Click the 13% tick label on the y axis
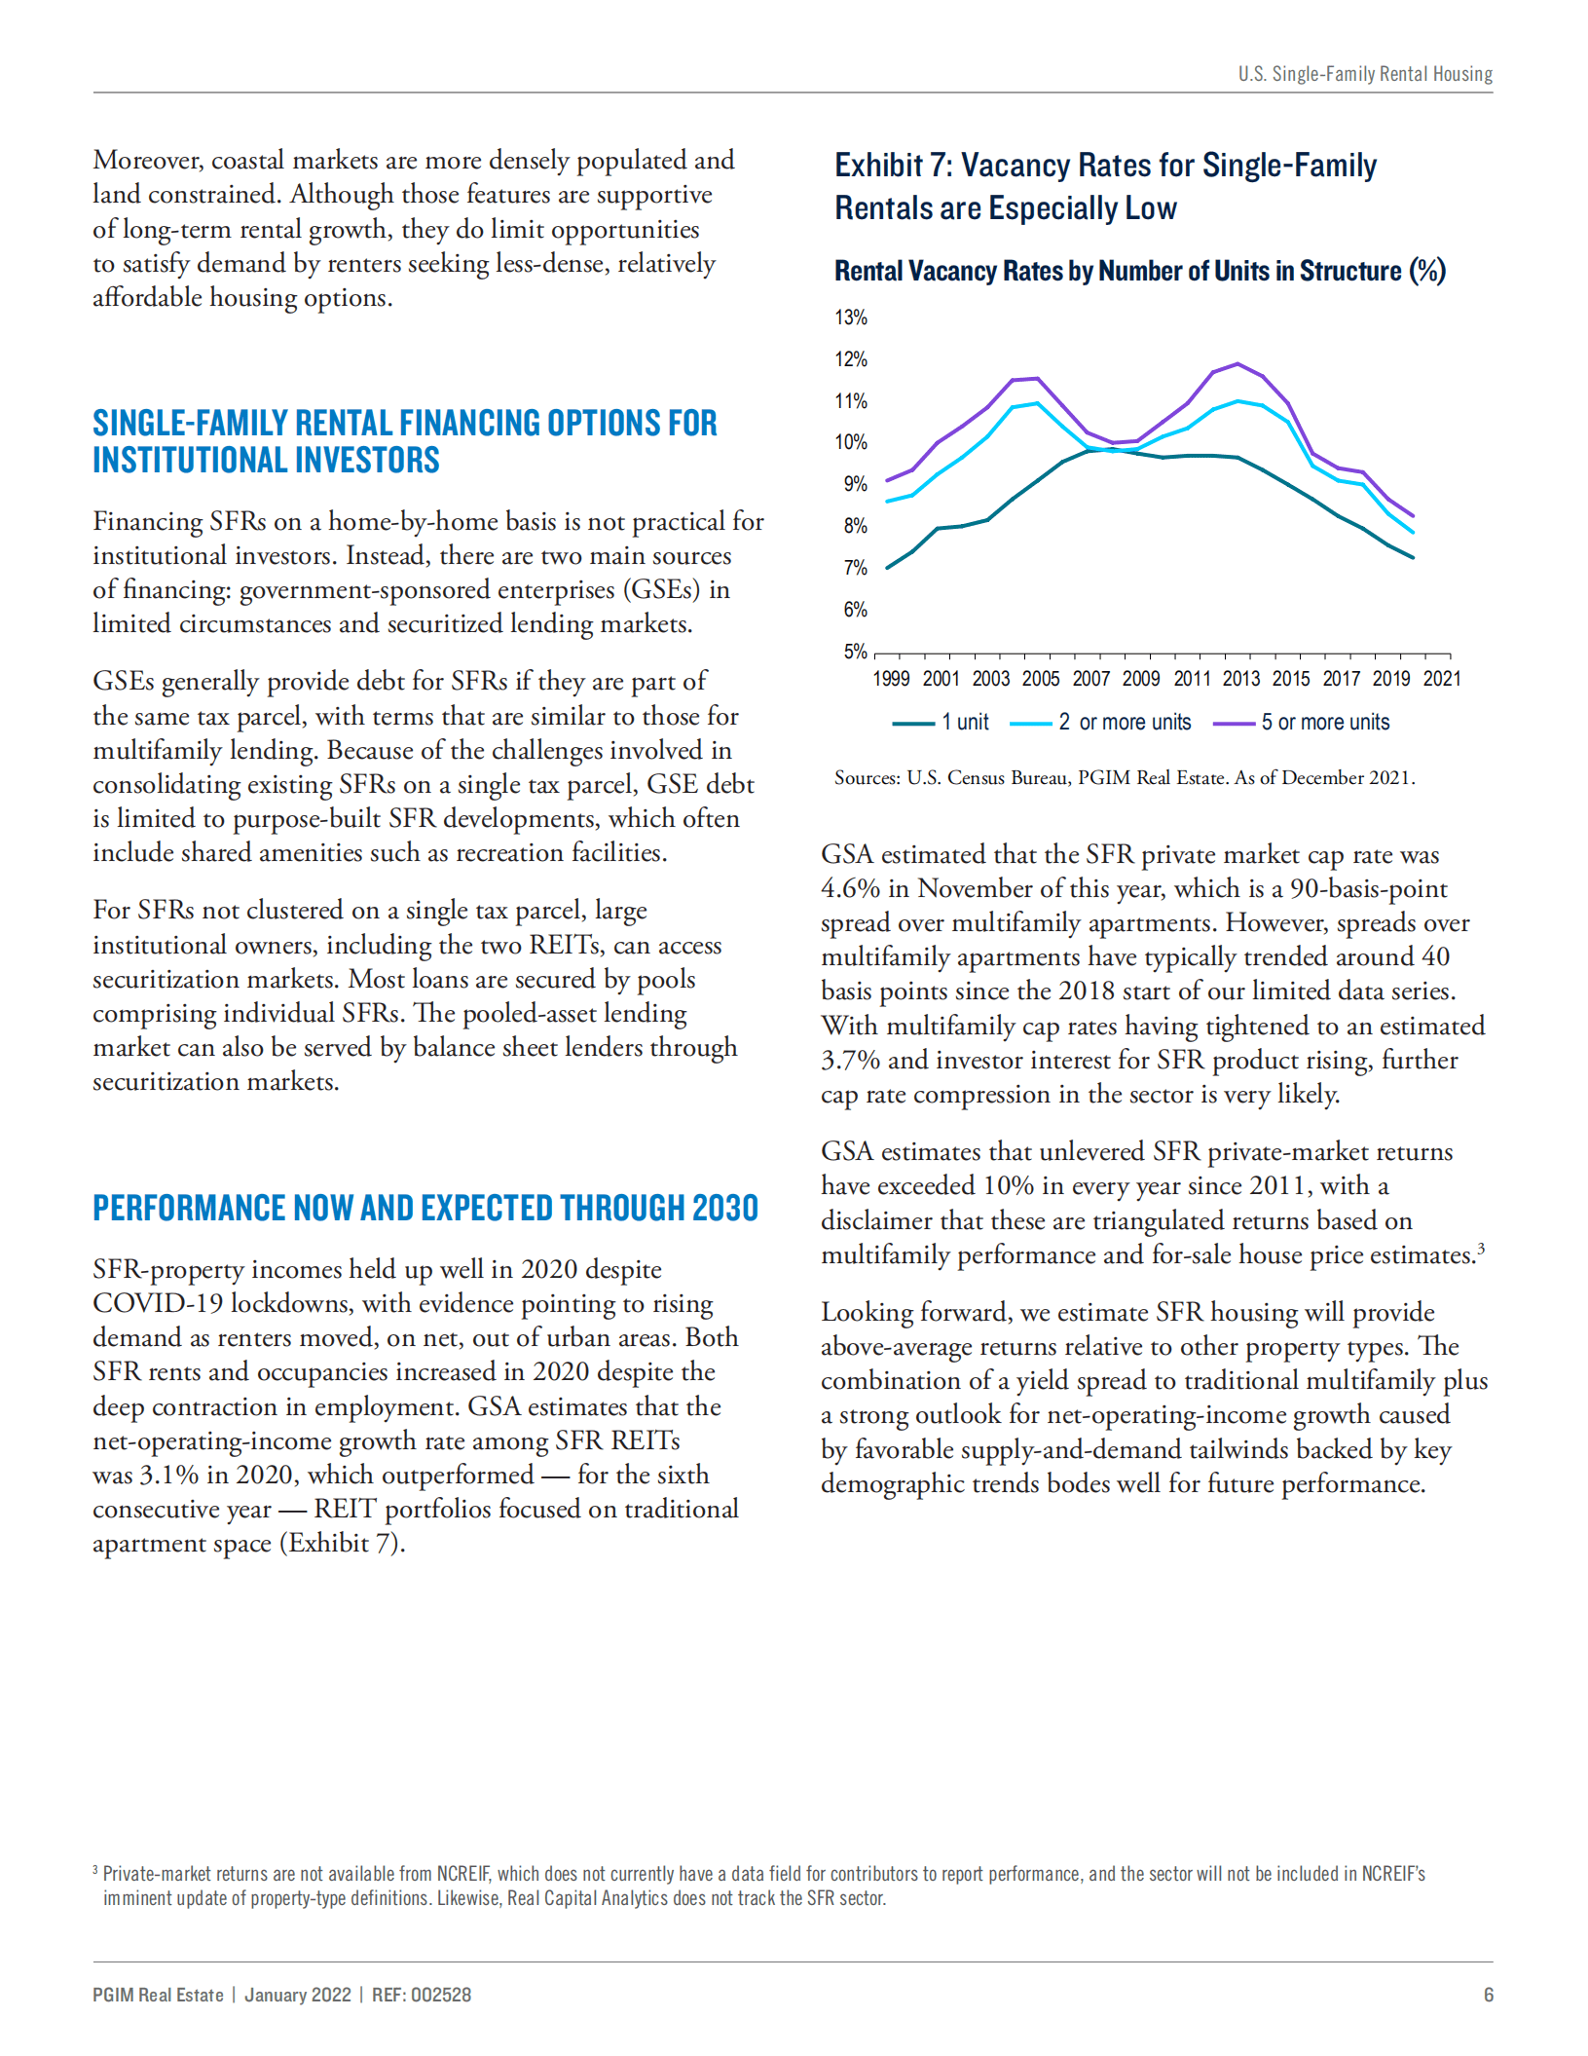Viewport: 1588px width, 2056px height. point(850,318)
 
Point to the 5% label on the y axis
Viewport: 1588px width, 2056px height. point(854,651)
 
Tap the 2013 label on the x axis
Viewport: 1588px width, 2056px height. point(1240,679)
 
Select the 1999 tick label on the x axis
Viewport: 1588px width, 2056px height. point(890,679)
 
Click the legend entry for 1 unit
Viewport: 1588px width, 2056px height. point(942,723)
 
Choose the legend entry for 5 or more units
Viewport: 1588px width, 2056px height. point(1303,723)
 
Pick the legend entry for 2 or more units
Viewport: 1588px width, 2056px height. point(1101,723)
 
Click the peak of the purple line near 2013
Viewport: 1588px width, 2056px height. point(1237,364)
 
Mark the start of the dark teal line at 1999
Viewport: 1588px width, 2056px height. point(887,568)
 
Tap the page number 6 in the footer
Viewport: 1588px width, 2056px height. point(1488,1995)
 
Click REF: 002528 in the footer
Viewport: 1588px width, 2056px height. point(422,1995)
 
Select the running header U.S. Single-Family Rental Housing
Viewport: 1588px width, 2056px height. point(1365,74)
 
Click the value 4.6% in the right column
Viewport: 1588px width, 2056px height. point(850,889)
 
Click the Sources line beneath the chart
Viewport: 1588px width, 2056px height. point(1125,778)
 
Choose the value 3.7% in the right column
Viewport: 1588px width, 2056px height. point(850,1061)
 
